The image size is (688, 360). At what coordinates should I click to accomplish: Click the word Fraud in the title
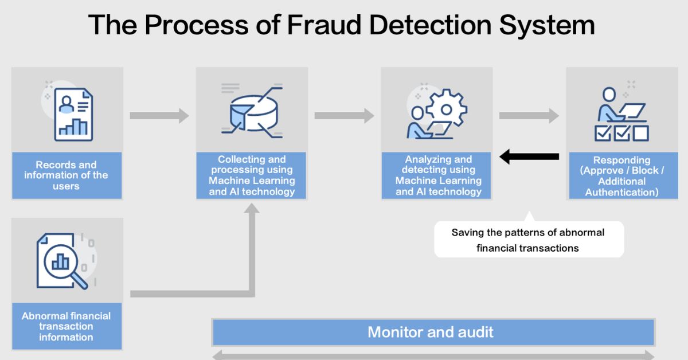[324, 25]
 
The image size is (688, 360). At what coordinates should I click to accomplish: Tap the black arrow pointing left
[529, 156]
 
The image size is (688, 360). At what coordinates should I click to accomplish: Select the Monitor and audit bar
[433, 332]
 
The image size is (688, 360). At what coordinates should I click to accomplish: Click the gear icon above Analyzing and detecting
[446, 108]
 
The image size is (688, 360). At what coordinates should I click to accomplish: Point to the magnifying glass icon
[66, 265]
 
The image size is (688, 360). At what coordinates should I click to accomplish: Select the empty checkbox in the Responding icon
[641, 134]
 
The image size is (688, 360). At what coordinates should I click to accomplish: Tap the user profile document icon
[73, 115]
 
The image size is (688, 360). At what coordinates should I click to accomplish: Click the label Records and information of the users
[67, 175]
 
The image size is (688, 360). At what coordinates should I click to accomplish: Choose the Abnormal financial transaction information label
[67, 326]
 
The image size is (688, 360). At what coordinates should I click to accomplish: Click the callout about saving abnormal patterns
[529, 239]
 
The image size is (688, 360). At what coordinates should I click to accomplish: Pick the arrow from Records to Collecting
[159, 115]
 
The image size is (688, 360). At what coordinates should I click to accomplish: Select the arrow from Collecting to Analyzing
[345, 115]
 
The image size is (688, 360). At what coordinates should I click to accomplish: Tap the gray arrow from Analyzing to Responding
[529, 115]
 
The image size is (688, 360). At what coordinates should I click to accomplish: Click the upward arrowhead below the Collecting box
[252, 208]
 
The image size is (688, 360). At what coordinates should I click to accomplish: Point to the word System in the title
[547, 25]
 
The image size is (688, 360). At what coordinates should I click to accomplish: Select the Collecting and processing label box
[251, 175]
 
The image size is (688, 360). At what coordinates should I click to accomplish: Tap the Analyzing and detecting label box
[436, 175]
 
